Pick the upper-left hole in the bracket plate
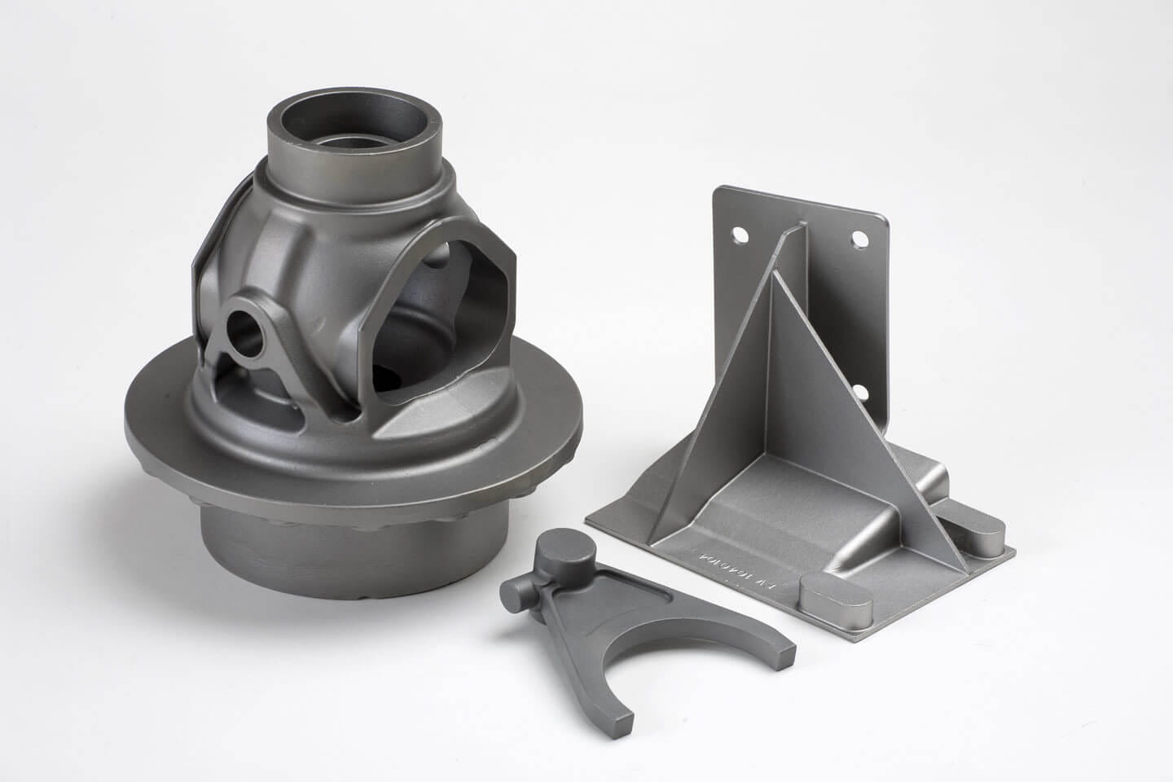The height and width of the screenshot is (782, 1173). tap(740, 235)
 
